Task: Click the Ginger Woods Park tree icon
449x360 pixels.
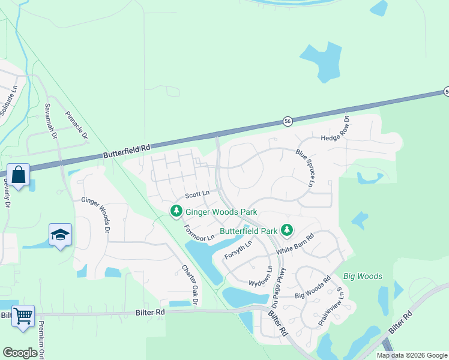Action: point(176,212)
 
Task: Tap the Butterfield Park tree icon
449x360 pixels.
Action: point(287,230)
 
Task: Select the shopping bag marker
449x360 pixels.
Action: point(19,175)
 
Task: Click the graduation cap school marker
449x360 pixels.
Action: point(60,235)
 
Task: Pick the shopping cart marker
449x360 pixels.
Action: point(23,316)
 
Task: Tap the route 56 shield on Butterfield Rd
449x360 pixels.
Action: point(288,121)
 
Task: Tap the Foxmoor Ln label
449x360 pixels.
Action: point(199,233)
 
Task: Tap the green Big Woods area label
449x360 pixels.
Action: point(363,276)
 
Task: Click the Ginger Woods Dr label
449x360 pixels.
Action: point(96,215)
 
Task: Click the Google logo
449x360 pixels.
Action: point(20,353)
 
